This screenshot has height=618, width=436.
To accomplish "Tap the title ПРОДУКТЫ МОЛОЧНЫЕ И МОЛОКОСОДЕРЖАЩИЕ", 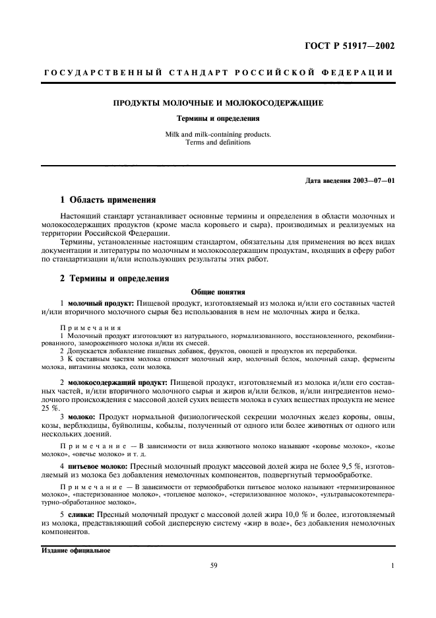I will pos(218,104).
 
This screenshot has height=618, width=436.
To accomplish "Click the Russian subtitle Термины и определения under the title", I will pos(218,119).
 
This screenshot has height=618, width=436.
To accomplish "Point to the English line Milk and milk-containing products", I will pos(218,134).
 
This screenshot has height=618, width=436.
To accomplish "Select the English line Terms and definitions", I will pos(218,142).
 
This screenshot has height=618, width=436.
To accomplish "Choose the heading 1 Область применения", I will pos(108,199).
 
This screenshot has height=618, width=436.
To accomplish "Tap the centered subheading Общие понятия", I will pos(218,291).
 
